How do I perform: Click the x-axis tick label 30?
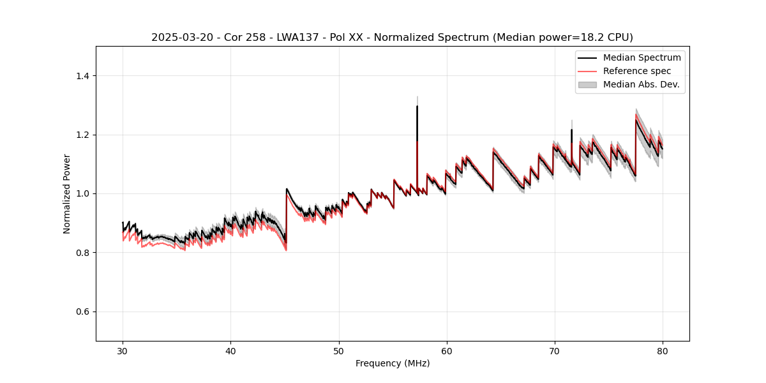coord(123,350)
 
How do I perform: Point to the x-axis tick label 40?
coord(230,350)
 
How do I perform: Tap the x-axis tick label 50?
coord(338,350)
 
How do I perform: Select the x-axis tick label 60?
coord(446,350)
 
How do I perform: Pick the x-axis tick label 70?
coord(554,350)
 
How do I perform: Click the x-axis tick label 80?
coord(662,350)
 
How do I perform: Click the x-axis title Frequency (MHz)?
coord(393,363)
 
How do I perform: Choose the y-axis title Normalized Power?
coord(67,193)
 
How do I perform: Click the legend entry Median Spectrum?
coord(642,57)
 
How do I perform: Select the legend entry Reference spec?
coord(636,71)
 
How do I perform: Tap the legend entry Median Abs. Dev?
coord(641,84)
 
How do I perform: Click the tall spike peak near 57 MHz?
coord(417,106)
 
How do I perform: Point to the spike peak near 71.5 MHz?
coord(571,130)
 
